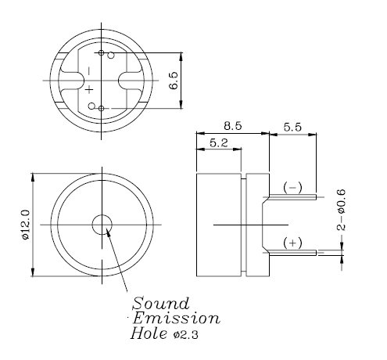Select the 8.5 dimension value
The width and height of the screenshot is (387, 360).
231,124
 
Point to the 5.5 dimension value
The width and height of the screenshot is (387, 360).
293,124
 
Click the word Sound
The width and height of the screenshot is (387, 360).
161,303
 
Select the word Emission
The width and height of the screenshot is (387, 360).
176,319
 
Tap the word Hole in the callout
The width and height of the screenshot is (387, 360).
147,335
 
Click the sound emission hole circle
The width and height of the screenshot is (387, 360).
102,225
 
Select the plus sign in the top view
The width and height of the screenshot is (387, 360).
88,90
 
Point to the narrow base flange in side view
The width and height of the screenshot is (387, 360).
251,225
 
